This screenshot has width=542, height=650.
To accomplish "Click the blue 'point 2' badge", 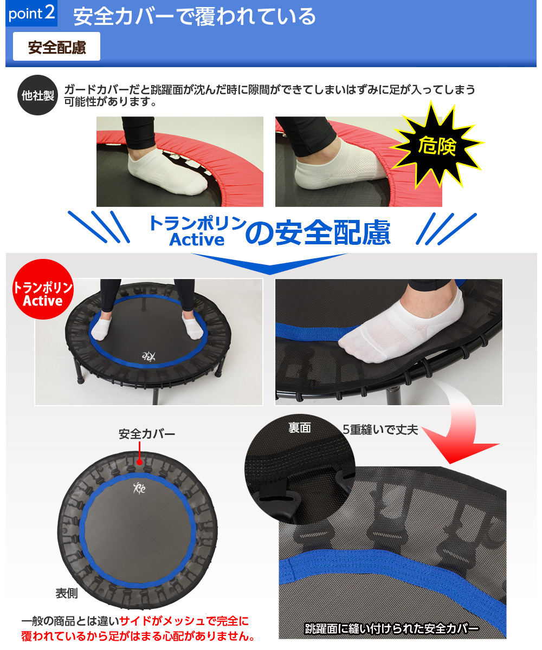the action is [x=31, y=13].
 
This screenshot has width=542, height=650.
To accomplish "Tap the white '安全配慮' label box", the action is [x=56, y=47].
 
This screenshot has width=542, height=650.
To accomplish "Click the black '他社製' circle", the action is [x=38, y=95].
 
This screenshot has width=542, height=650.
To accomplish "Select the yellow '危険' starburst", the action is [x=437, y=145].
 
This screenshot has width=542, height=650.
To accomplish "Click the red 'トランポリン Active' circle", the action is [x=43, y=289].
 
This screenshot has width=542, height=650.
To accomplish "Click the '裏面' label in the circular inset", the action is [x=299, y=428].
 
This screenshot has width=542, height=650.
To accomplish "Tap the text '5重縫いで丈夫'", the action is [x=380, y=430].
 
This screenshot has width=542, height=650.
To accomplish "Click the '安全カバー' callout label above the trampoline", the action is [x=147, y=434].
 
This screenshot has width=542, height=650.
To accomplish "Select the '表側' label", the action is [x=67, y=593].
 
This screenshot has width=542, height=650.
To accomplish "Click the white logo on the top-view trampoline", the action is [x=139, y=489].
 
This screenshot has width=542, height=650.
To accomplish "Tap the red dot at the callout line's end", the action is [x=139, y=462].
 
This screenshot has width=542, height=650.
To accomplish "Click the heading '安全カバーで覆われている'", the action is [x=195, y=16].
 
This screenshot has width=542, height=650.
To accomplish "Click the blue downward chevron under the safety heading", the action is [x=270, y=264].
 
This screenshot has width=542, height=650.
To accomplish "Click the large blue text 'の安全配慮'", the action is [x=318, y=232].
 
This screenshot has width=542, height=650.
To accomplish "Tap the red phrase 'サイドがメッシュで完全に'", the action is [x=184, y=621].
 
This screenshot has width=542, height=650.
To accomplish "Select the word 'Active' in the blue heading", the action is [x=197, y=239].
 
